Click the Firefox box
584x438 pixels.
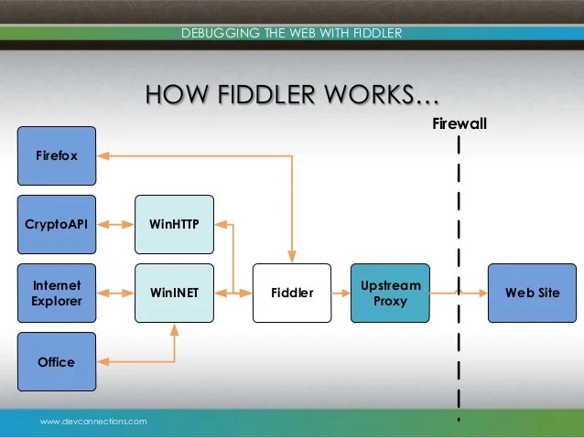coord(56,155)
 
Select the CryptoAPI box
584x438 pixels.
coord(56,223)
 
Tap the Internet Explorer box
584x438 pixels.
coord(56,293)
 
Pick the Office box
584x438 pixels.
coord(56,362)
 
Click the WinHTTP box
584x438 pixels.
coord(174,223)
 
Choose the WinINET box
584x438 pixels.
coord(174,293)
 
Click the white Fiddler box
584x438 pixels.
coord(292,293)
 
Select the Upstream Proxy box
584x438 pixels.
coord(390,293)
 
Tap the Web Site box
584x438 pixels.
coord(532,293)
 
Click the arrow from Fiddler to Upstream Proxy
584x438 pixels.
coord(341,294)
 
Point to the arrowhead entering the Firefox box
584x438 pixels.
coord(103,156)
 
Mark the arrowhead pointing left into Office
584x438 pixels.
coord(103,363)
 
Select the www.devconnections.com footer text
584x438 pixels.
coord(92,422)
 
